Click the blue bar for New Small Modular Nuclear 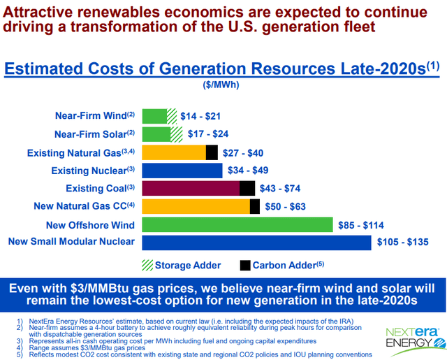[256, 243]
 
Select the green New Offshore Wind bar [237, 224]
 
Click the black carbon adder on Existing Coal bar [247, 188]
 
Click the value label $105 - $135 [405, 243]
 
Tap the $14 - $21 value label [203, 115]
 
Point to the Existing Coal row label [102, 188]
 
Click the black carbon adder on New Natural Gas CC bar [254, 206]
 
